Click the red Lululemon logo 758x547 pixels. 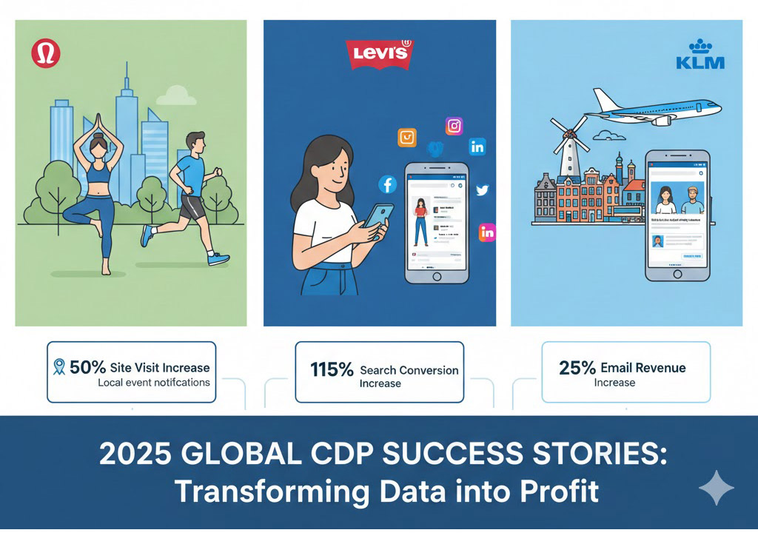click(x=47, y=55)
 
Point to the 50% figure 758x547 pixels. click(x=88, y=367)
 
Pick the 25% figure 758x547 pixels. click(x=578, y=368)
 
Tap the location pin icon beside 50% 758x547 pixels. click(x=59, y=367)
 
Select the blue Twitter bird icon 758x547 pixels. click(x=483, y=190)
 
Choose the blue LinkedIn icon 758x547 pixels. click(x=477, y=147)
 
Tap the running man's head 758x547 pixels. click(x=195, y=141)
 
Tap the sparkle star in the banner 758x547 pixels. click(x=717, y=487)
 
